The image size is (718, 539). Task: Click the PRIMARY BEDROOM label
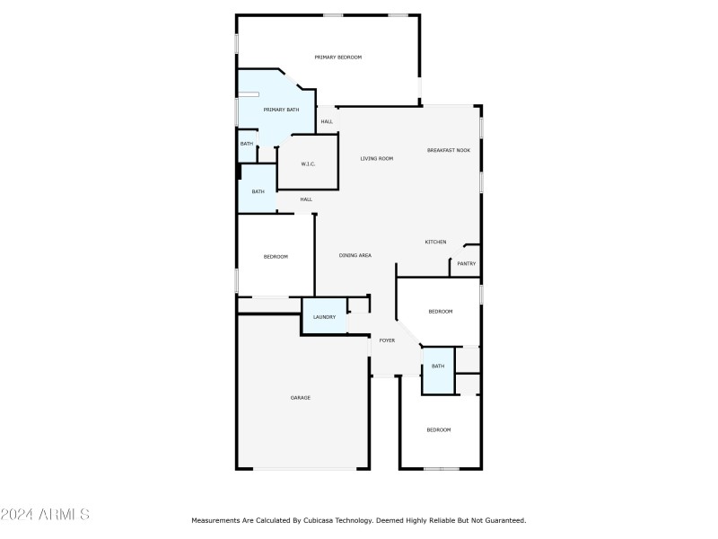[x=337, y=57]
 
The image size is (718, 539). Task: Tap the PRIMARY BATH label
[x=281, y=110]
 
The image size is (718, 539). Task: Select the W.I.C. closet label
[x=308, y=163]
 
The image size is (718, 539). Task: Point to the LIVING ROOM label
[x=377, y=159]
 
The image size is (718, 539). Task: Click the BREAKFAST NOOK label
[x=448, y=150]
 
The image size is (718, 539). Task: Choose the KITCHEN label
[x=435, y=242]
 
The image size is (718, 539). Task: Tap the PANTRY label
[x=466, y=263]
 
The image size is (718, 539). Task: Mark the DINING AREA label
[x=355, y=255]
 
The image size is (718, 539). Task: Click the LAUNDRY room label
[x=324, y=316]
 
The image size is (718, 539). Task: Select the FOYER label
[x=387, y=340]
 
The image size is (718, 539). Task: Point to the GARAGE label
[x=300, y=397]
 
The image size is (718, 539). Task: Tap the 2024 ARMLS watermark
[x=45, y=515]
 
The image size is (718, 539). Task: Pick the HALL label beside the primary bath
[x=327, y=121]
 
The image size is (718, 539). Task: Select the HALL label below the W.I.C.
[x=306, y=199]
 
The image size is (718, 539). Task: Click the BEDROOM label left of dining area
[x=276, y=257]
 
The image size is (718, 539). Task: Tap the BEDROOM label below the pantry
[x=440, y=311]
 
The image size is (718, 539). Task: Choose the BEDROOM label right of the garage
[x=438, y=430]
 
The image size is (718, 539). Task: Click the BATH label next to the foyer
[x=438, y=366]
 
